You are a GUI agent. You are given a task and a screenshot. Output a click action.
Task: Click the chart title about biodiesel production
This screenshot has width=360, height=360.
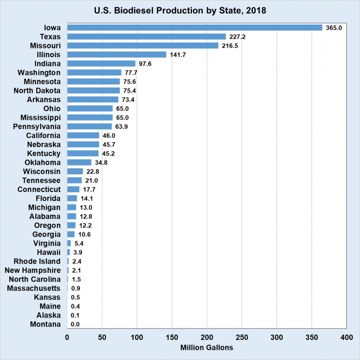click(x=180, y=10)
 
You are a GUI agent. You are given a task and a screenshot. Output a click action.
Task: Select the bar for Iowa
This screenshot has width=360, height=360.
click(x=195, y=28)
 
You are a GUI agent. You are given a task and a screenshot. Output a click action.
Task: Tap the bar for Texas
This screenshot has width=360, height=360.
click(x=146, y=37)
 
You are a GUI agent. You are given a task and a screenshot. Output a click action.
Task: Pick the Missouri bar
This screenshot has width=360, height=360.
click(x=143, y=46)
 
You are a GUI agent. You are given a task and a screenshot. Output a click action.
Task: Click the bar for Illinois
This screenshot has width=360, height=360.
click(x=116, y=55)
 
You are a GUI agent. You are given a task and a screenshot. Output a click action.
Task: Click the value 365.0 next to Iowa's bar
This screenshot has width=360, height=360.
click(x=334, y=28)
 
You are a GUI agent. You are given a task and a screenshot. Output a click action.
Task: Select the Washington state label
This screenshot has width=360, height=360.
click(x=39, y=73)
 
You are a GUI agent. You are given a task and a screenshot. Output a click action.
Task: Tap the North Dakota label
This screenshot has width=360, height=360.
click(x=37, y=91)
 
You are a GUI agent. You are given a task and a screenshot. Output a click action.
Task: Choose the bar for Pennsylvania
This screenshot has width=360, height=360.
click(x=89, y=126)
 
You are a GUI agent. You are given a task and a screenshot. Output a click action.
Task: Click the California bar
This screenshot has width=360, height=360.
click(x=83, y=135)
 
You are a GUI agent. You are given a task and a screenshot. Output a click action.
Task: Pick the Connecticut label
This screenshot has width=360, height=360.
click(x=39, y=189)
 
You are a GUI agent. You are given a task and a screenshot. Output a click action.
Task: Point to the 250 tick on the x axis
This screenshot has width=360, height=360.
click(x=242, y=337)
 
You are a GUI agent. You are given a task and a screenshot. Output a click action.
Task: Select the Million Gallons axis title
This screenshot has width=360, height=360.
click(x=207, y=348)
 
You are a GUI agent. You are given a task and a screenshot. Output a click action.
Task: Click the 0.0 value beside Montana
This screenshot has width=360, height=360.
click(x=75, y=324)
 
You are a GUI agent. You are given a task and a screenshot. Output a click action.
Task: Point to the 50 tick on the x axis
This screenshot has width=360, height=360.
click(x=102, y=337)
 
